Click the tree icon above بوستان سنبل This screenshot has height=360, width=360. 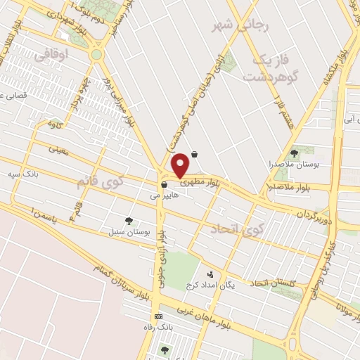128,220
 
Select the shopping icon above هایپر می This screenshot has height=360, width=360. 164,185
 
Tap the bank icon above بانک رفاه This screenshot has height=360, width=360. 158,316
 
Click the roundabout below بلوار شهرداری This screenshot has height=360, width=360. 96,53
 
